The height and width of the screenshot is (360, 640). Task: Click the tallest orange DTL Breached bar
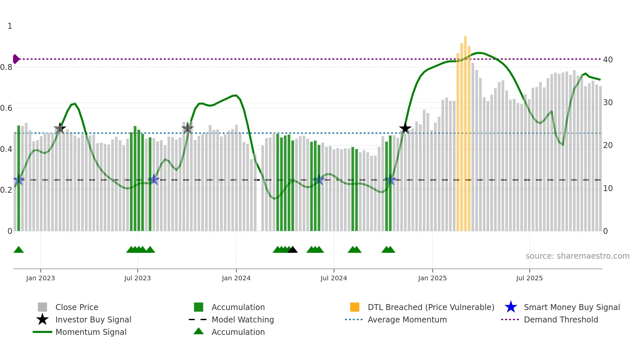tap(465, 131)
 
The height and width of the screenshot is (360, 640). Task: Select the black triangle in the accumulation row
tap(293, 250)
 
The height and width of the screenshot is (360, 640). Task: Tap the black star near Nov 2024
tap(405, 128)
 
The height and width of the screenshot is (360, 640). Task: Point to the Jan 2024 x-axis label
tap(236, 278)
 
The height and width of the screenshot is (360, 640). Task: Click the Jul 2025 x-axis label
tap(529, 278)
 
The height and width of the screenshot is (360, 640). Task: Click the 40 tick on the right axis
tap(608, 59)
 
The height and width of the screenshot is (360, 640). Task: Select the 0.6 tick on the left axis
tap(7, 108)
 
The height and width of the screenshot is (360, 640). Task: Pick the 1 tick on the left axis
tap(10, 26)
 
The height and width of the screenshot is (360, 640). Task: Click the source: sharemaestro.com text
tap(577, 256)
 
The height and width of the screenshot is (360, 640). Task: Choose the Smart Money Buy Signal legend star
tap(511, 307)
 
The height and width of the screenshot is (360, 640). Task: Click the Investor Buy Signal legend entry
tap(93, 319)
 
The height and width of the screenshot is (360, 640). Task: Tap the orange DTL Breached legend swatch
tap(355, 307)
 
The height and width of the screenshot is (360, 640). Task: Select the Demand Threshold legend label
tap(561, 319)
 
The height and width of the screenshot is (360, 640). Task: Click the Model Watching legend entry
tap(242, 319)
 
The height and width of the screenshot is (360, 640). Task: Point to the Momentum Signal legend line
tap(42, 332)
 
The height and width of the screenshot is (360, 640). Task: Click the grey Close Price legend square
tap(42, 307)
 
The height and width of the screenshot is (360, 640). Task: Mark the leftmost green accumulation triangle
tap(19, 250)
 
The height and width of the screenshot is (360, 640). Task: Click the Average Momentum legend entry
tap(407, 319)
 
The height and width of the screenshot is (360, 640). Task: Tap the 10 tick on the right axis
tap(608, 188)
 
